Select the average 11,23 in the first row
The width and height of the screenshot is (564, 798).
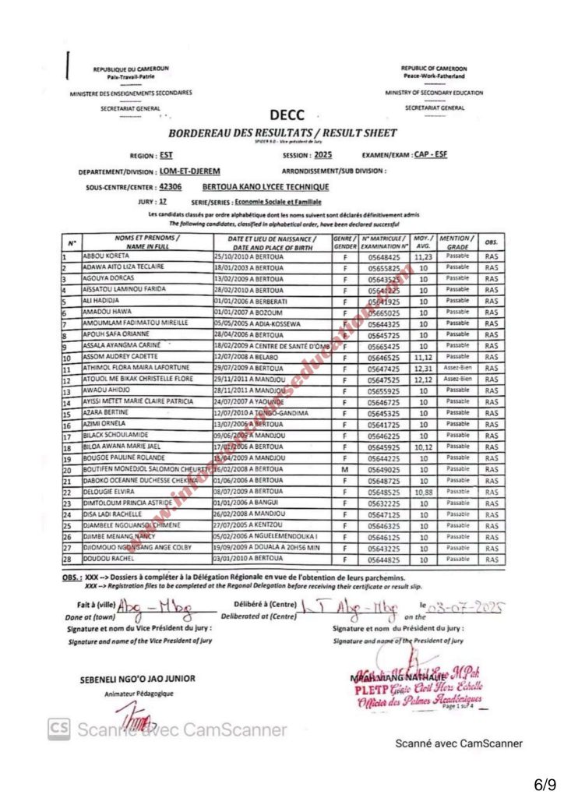423,256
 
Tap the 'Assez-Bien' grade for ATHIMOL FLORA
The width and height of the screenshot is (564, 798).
453,369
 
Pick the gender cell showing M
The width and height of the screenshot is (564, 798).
344,470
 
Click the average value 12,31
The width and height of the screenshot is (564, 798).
423,369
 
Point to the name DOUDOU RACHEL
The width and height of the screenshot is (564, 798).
104,560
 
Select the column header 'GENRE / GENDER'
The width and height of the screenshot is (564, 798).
344,242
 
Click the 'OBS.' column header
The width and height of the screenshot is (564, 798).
491,242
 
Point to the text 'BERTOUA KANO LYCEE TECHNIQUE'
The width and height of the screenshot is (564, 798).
265,187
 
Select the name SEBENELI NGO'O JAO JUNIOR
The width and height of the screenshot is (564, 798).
138,678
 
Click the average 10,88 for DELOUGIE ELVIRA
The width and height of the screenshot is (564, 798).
423,493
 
